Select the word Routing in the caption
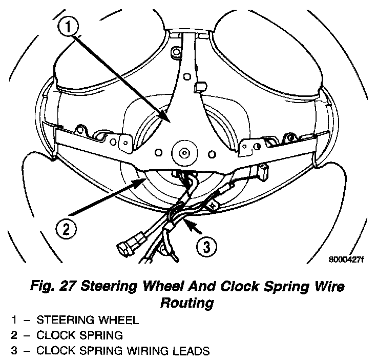tap(187, 303)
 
